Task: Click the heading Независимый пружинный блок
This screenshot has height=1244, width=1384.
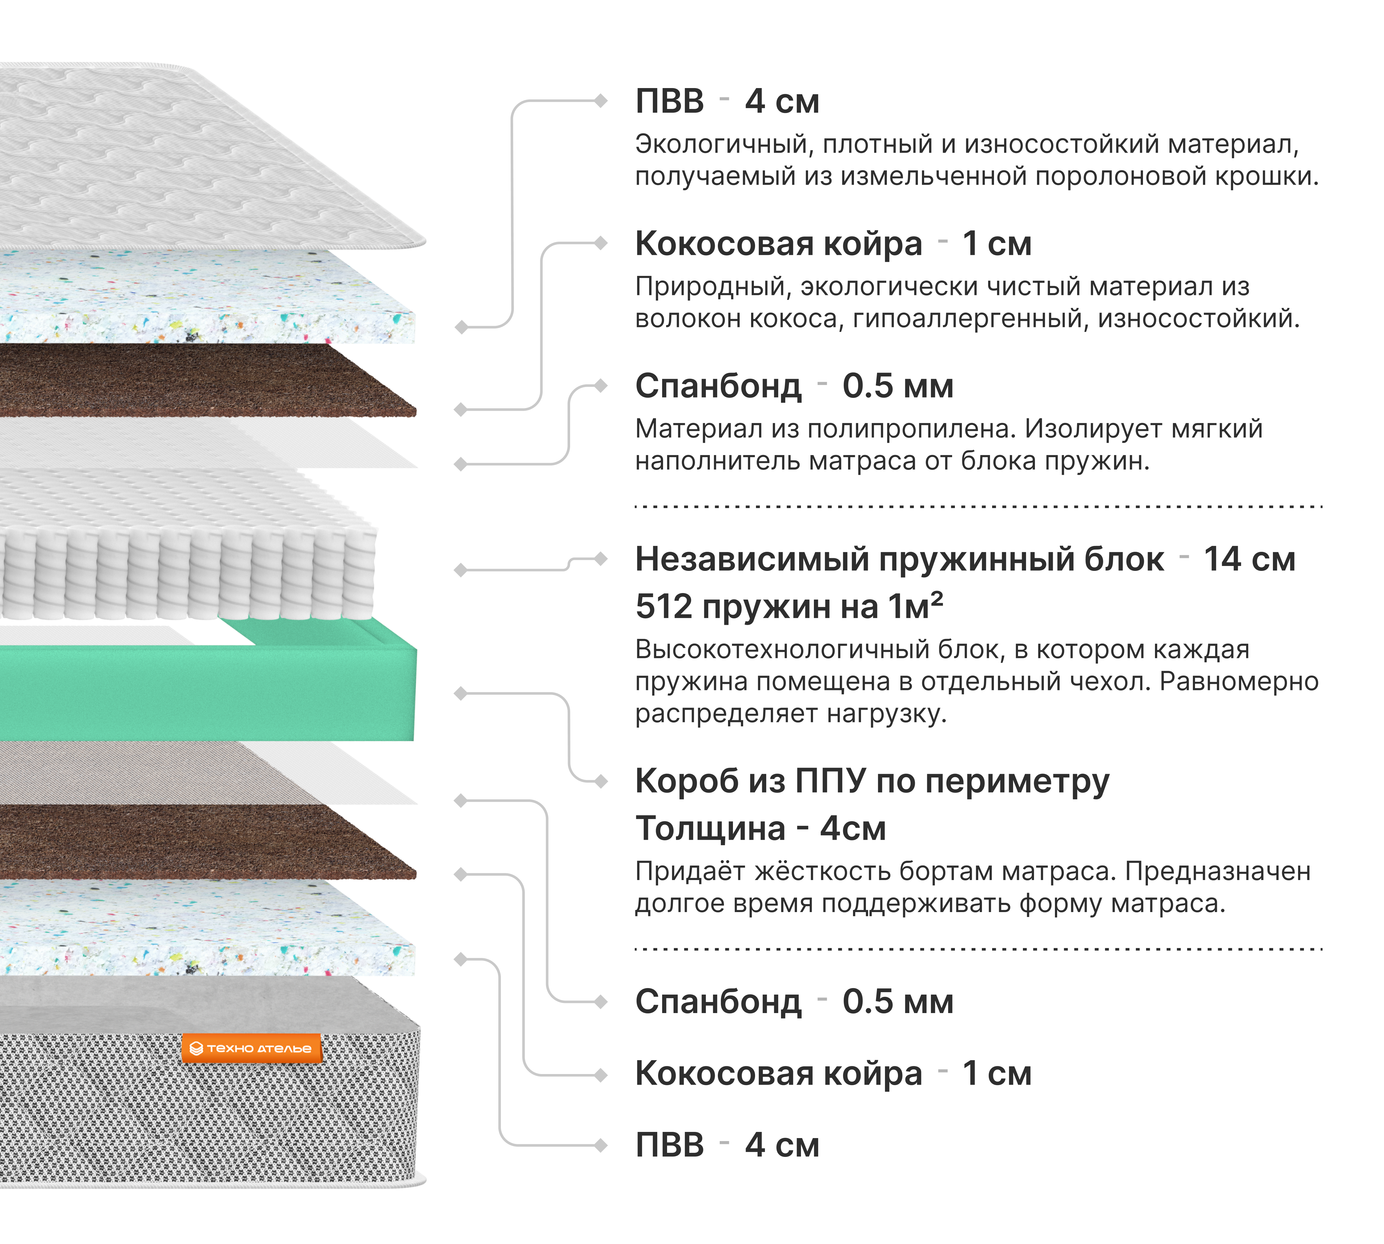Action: pos(899,559)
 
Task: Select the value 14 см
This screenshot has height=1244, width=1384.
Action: pos(1249,559)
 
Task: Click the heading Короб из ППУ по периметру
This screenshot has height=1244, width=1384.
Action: pos(872,781)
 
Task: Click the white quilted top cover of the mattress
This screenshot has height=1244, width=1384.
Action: pos(205,157)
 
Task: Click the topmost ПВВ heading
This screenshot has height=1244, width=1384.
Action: pos(670,101)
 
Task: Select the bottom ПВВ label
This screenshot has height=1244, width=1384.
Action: pos(670,1145)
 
